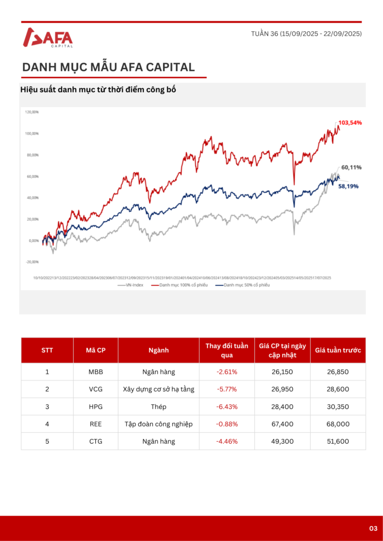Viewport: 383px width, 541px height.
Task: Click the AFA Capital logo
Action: coord(48,38)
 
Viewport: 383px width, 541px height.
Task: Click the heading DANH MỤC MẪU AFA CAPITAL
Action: coord(108,67)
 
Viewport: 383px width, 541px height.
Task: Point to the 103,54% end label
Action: coord(350,123)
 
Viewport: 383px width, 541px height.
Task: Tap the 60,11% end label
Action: coord(351,167)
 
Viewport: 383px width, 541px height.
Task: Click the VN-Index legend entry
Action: coord(131,285)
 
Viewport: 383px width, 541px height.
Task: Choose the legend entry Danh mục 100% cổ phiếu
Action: coord(180,285)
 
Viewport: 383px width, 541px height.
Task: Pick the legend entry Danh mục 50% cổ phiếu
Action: coord(244,285)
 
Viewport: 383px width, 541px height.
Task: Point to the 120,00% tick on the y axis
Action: coord(32,112)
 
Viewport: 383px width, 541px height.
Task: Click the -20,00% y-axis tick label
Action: coord(32,262)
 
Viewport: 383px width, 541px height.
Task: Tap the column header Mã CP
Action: coord(96,350)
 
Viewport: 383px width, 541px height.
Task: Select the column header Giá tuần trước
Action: coord(338,350)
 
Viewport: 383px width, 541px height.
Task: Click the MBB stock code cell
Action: coord(96,371)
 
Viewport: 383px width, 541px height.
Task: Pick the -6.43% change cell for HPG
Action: coord(227,406)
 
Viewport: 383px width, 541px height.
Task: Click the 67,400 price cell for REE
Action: coord(282,424)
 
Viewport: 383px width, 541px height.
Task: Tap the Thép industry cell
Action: coord(159,406)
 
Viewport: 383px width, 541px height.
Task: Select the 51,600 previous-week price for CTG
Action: coord(338,441)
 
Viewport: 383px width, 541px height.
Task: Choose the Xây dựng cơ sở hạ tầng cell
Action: coord(159,389)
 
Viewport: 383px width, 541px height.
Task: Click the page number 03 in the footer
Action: coord(373,528)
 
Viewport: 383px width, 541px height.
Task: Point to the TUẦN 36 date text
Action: coord(306,34)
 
